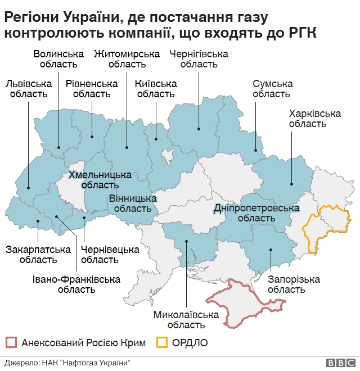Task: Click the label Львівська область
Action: (x=28, y=89)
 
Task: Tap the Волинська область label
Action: (x=58, y=60)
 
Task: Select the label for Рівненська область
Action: (x=92, y=89)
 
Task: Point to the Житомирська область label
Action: (x=127, y=60)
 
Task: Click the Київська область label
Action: (x=156, y=89)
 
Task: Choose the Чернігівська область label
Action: (x=199, y=60)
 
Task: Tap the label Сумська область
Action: (x=272, y=89)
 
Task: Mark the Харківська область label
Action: (x=314, y=119)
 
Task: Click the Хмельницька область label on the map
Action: (x=100, y=179)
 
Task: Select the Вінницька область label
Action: (x=133, y=203)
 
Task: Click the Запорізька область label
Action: (x=286, y=284)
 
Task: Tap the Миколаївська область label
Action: (x=186, y=320)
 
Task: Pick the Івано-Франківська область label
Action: (x=76, y=284)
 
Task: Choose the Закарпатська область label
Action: (x=38, y=255)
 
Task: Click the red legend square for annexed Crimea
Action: (x=11, y=342)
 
